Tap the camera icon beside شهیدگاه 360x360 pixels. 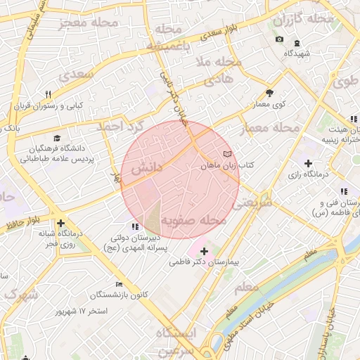pos(280,39)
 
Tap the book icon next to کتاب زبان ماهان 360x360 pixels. pos(226,153)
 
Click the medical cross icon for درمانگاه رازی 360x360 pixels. pos(308,164)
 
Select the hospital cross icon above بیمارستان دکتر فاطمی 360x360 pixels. pos(204,251)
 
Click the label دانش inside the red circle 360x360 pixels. pos(146,167)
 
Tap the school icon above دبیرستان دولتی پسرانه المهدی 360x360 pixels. pos(136,226)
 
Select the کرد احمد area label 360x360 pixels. pos(120,126)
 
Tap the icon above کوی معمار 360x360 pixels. pos(269,93)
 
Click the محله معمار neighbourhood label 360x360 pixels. pos(269,129)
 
